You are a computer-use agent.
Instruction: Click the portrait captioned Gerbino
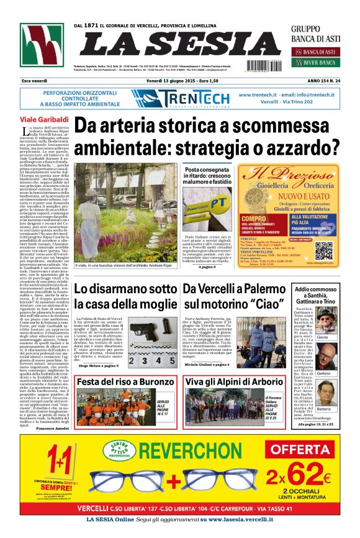click(341, 360)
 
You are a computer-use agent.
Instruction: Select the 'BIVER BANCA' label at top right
click(321, 62)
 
